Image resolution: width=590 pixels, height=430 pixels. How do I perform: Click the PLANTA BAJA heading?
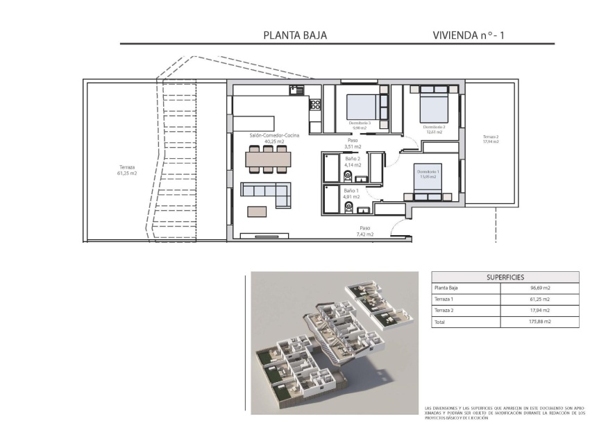[x=295, y=35]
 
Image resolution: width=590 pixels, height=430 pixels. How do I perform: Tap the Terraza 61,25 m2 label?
[x=128, y=170]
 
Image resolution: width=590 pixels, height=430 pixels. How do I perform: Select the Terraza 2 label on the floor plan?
[x=491, y=139]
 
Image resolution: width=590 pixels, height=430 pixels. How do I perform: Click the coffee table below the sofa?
[x=257, y=211]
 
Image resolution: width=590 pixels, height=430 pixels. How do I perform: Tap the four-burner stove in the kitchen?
[x=314, y=105]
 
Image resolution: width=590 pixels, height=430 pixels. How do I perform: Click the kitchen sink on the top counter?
[x=297, y=89]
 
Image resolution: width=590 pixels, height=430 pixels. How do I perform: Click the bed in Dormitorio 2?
[x=432, y=107]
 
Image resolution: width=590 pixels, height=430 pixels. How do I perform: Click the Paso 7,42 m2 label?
[x=366, y=231]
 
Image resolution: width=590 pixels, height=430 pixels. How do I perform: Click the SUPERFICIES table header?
[x=505, y=276]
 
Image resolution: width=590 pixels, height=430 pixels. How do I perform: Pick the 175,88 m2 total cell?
[x=539, y=322]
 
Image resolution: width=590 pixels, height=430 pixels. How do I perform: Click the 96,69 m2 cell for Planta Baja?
[x=539, y=287]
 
